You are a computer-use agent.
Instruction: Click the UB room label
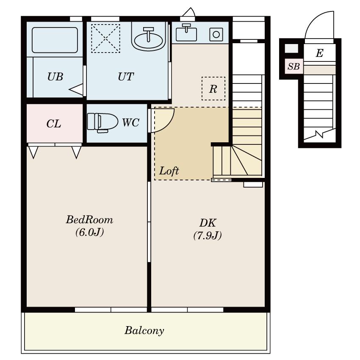(x=55, y=77)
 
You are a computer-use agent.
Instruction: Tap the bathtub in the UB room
(x=55, y=40)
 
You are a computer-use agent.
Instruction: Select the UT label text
(x=126, y=77)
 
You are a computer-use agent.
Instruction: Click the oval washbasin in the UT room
(x=149, y=39)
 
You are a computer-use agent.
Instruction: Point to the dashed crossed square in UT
(x=105, y=39)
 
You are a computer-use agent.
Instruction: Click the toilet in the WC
(x=102, y=122)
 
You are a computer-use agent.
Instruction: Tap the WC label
(x=130, y=122)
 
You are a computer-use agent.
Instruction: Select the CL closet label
(x=54, y=124)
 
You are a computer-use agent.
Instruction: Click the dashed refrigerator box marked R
(x=213, y=89)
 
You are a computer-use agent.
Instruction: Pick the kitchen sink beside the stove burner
(x=186, y=34)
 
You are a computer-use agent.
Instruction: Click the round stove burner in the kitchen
(x=216, y=34)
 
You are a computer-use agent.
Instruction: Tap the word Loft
(x=169, y=171)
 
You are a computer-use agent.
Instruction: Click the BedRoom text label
(x=89, y=220)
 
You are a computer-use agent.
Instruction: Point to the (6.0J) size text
(x=89, y=232)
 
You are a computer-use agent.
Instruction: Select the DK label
(x=208, y=223)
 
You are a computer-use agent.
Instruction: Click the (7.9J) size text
(x=208, y=235)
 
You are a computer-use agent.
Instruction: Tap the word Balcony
(x=144, y=331)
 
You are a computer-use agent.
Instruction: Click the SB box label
(x=294, y=66)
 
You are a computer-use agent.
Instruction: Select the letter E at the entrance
(x=320, y=53)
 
